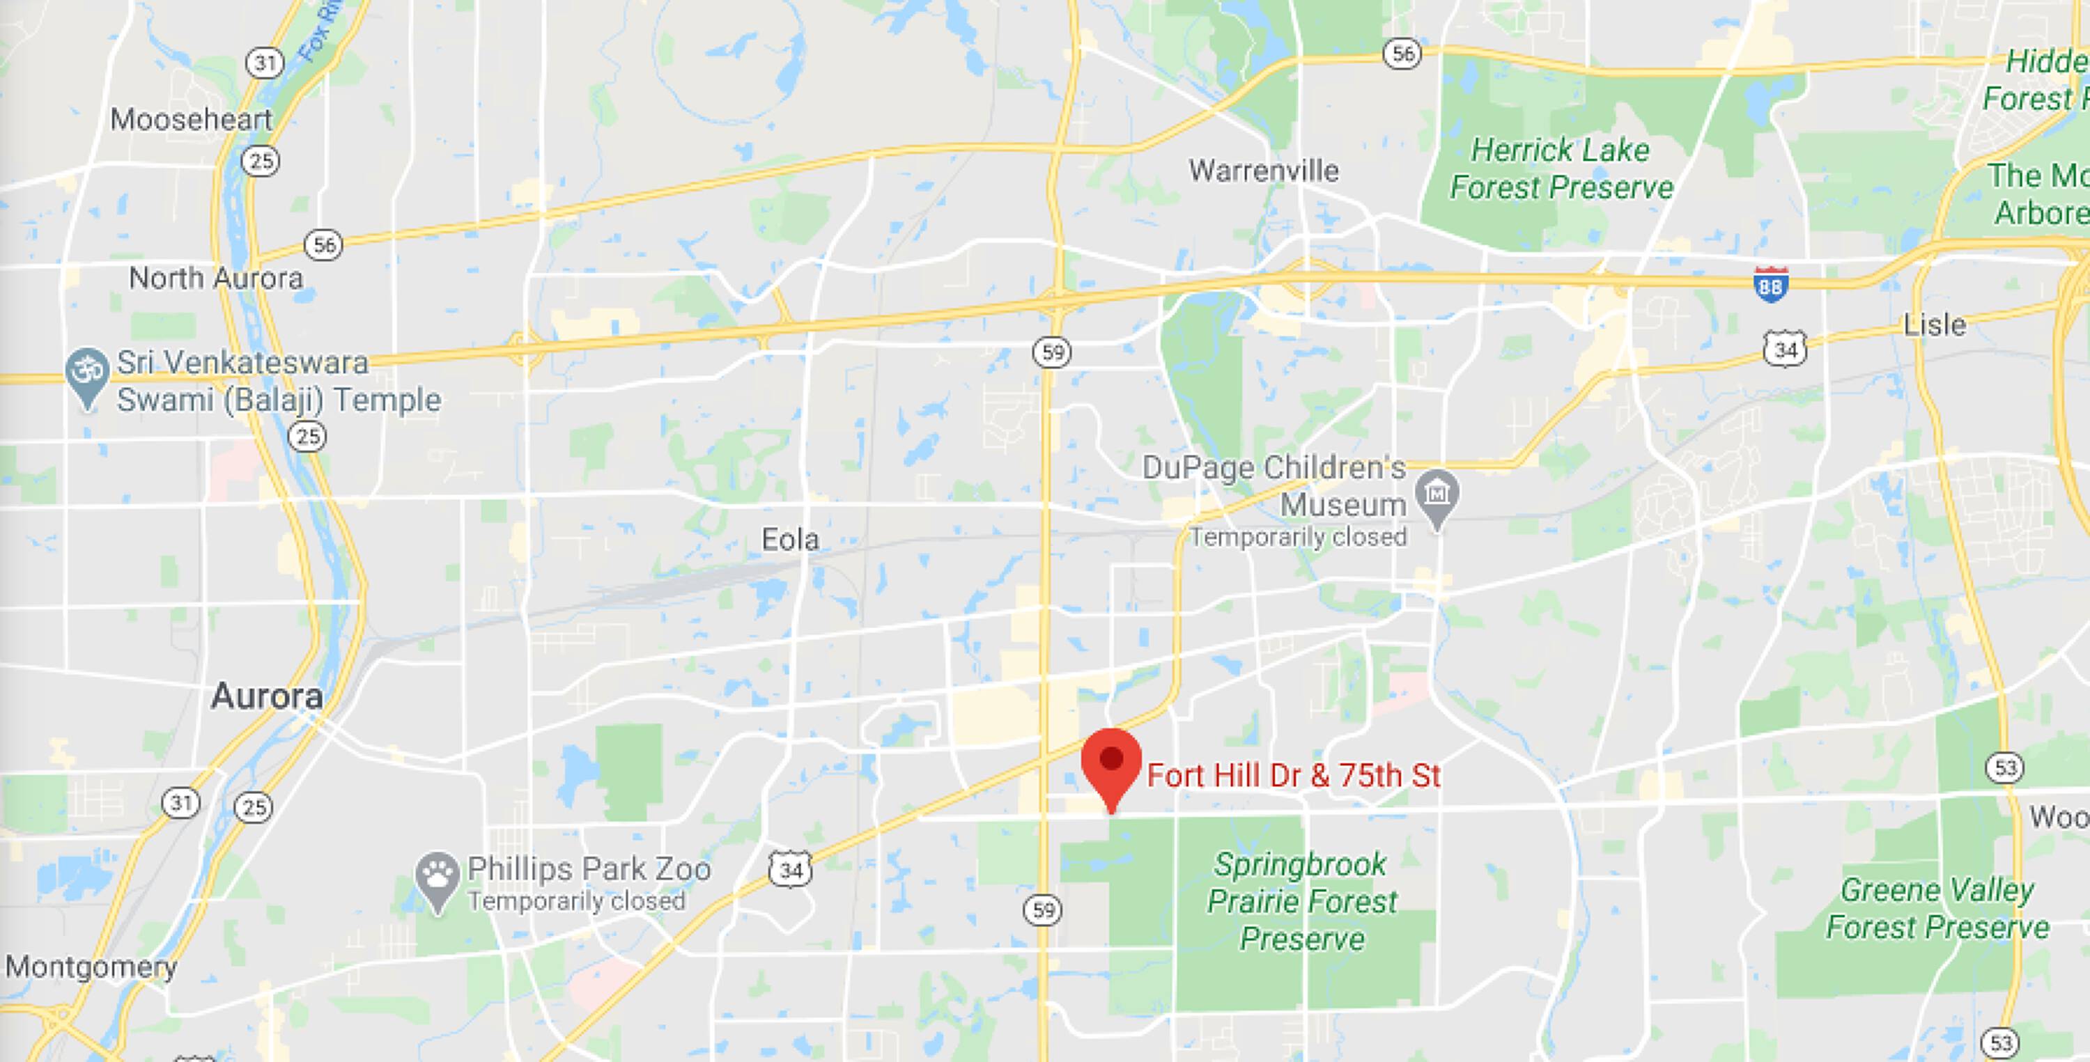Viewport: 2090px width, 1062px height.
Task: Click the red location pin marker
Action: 1110,763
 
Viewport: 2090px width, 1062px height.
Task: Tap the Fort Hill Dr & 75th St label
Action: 1293,776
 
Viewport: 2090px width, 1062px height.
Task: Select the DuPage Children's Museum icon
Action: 1437,494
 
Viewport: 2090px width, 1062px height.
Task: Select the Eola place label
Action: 790,540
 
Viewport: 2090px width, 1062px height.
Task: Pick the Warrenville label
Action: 1263,171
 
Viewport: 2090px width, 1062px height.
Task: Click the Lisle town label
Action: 1934,325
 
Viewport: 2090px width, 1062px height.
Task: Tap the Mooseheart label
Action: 192,119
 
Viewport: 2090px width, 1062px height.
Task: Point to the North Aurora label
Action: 216,279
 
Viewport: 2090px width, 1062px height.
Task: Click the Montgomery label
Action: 91,967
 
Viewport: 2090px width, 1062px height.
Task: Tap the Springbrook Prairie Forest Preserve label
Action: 1301,901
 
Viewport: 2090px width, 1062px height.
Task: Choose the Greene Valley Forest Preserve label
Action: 1937,909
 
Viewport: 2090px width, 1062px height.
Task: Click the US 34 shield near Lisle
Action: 1785,350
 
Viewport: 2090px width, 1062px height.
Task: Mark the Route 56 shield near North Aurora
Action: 324,244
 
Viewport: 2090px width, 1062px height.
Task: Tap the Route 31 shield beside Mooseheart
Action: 265,63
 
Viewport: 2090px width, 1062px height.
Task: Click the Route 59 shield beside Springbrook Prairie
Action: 1044,910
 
